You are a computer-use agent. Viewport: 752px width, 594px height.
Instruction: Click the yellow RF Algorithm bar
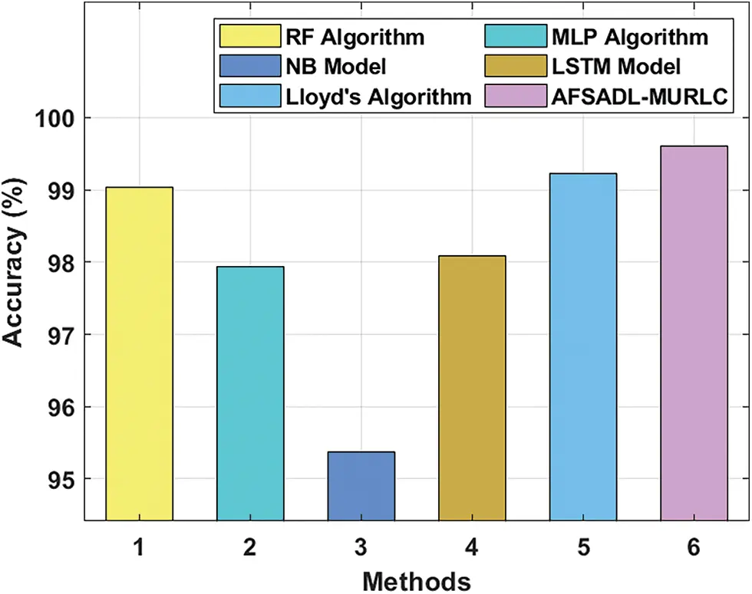139,353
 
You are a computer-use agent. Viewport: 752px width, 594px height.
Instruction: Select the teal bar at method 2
250,393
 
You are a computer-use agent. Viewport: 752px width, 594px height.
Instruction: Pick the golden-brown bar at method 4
472,388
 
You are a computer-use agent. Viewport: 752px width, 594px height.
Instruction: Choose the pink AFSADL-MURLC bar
694,333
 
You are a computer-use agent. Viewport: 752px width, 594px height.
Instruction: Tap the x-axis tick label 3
361,546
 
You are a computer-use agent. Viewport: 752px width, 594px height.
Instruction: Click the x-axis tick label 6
694,546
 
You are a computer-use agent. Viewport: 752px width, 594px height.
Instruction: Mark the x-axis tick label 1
139,546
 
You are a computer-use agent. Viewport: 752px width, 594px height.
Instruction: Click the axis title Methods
416,580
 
